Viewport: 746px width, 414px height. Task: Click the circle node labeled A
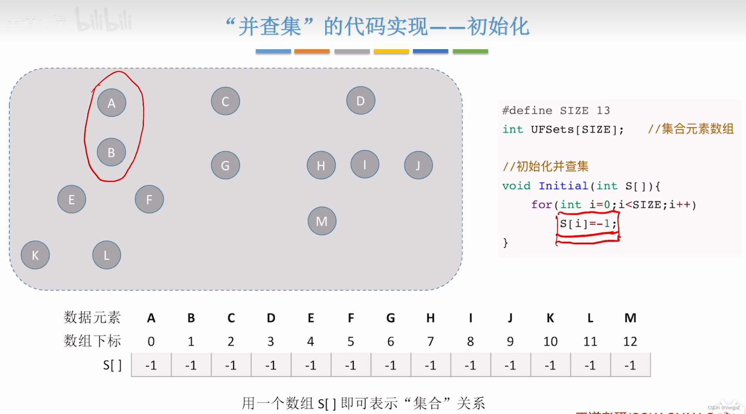tap(112, 103)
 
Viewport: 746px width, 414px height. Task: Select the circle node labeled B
tap(112, 152)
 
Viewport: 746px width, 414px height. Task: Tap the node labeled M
tap(322, 221)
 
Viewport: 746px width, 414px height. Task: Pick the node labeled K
tap(35, 255)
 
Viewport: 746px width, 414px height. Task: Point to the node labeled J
tap(419, 165)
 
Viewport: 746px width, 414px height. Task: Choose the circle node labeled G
tap(225, 165)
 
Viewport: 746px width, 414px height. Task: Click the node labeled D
tap(360, 101)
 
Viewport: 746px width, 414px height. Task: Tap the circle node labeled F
tap(149, 200)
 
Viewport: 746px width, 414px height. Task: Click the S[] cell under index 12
tap(630, 365)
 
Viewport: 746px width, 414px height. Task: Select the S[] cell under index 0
tap(151, 365)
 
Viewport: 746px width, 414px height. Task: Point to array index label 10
tap(550, 341)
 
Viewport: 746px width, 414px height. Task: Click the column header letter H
tap(431, 318)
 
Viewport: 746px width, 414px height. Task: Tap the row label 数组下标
tap(92, 341)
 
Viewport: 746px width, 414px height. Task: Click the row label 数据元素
tap(92, 317)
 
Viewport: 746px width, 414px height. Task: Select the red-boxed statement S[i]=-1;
tap(588, 224)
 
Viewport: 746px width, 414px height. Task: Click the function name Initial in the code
tap(563, 186)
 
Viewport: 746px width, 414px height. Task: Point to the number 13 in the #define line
tap(603, 110)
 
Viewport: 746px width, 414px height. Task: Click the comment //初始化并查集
tap(546, 167)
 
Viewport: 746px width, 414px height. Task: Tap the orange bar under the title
tap(312, 51)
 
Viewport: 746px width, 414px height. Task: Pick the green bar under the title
tap(470, 51)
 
